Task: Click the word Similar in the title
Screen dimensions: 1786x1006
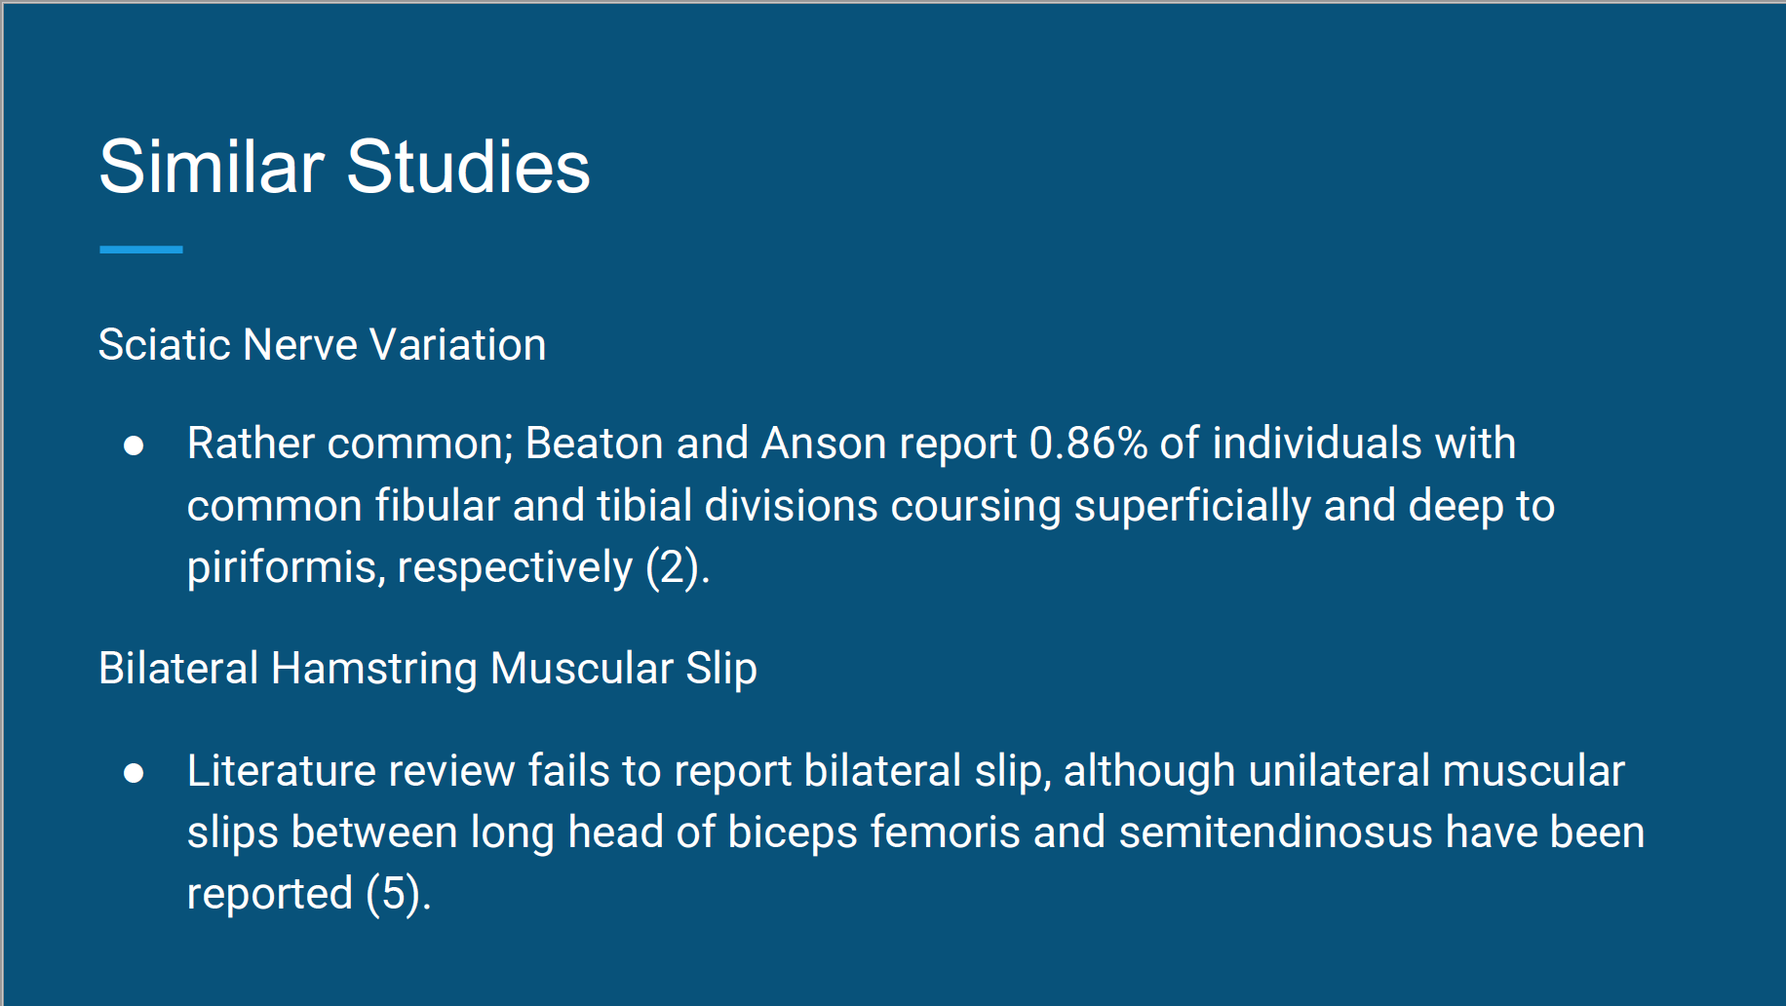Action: pyautogui.click(x=212, y=166)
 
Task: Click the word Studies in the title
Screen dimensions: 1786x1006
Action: pyautogui.click(x=468, y=166)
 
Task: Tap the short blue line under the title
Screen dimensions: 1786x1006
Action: pyautogui.click(x=141, y=250)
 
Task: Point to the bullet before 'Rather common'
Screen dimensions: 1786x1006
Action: pyautogui.click(x=134, y=445)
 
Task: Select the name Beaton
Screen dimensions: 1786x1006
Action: pyautogui.click(x=595, y=444)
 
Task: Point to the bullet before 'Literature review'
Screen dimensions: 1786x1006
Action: pyautogui.click(x=134, y=773)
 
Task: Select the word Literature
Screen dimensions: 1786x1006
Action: pyautogui.click(x=282, y=771)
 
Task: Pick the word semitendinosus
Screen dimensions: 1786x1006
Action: pyautogui.click(x=1276, y=833)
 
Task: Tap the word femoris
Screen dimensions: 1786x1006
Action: pyautogui.click(x=946, y=833)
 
